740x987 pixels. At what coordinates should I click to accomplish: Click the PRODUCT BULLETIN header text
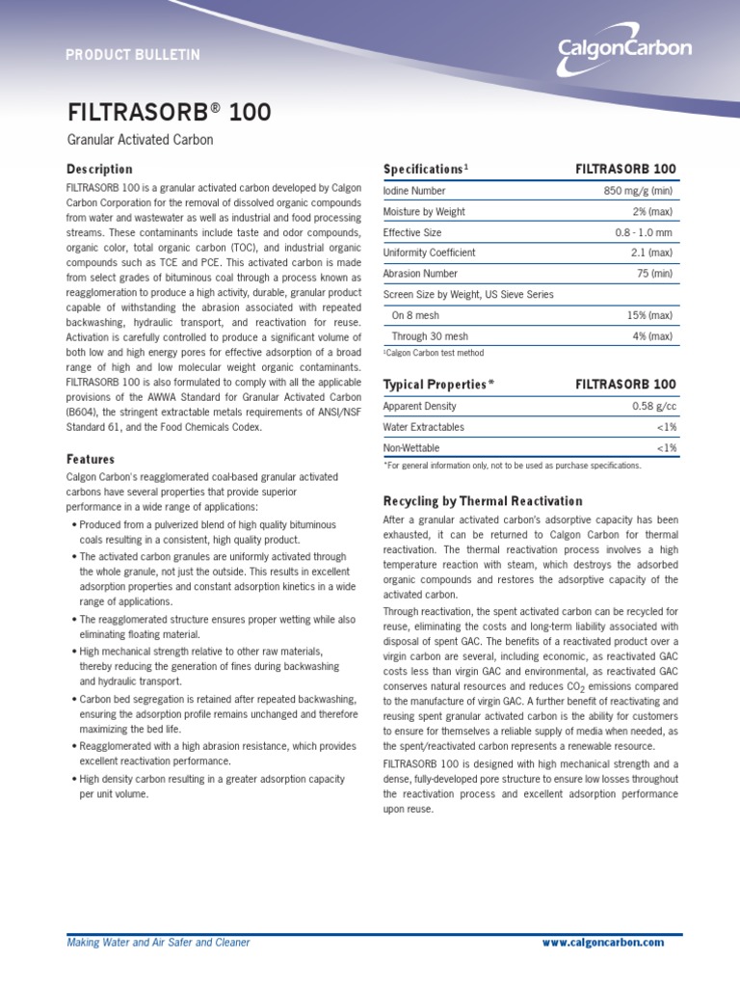tap(133, 55)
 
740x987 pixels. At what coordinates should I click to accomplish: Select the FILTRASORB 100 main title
tap(169, 113)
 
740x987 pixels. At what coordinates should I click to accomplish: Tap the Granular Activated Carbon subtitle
tap(140, 141)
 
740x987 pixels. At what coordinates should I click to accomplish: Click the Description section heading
tap(99, 169)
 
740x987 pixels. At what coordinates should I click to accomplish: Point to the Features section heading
tap(90, 460)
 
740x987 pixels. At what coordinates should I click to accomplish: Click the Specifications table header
tap(425, 169)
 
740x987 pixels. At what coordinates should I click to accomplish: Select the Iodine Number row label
tap(414, 191)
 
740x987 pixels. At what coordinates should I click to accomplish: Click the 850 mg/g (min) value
tap(638, 191)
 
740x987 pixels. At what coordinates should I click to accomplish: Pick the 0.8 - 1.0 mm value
tap(644, 232)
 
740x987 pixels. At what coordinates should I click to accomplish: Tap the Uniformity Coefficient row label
tap(429, 253)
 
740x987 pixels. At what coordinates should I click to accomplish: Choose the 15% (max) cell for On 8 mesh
tap(649, 315)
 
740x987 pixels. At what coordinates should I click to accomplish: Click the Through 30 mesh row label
tap(430, 336)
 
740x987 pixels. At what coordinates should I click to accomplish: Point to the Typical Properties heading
tap(438, 384)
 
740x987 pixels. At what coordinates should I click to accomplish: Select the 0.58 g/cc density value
tap(654, 406)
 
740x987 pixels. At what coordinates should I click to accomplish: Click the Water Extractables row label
tap(423, 427)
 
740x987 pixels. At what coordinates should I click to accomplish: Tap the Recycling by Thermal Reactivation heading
tap(483, 501)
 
